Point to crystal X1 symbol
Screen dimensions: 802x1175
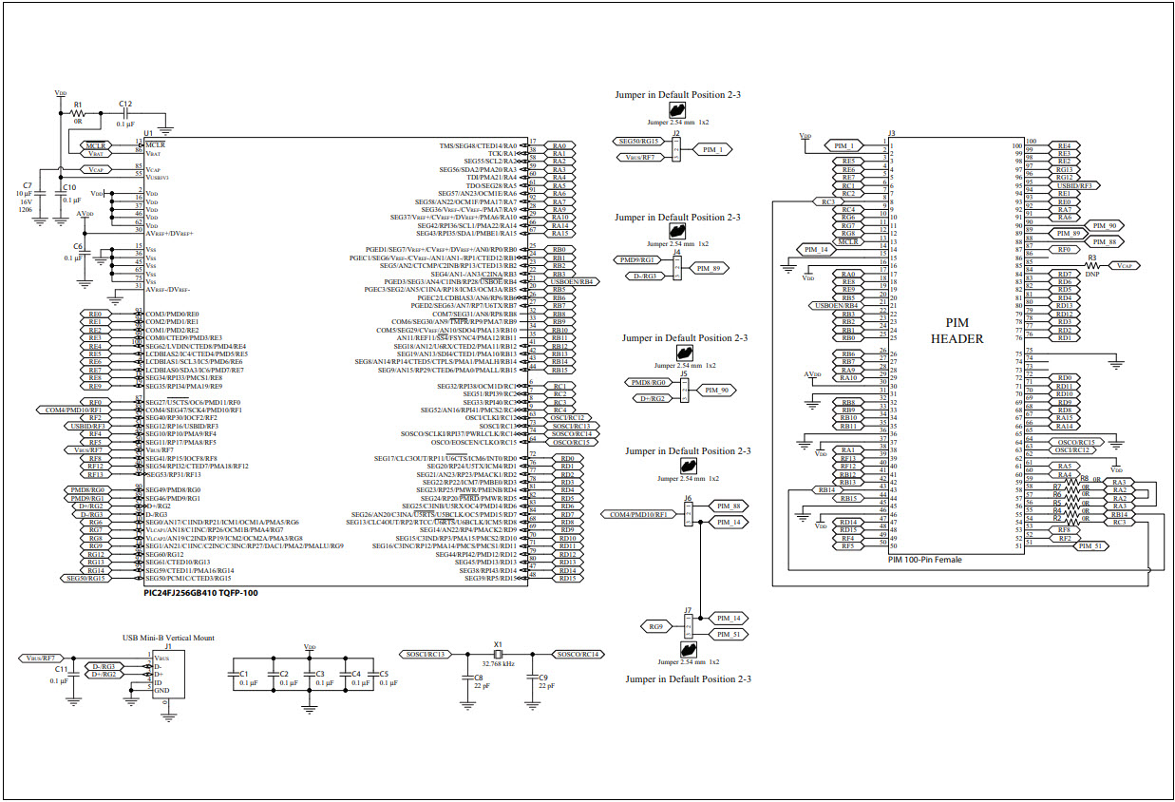pos(498,655)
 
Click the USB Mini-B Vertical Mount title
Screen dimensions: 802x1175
pos(167,638)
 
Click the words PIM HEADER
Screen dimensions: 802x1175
pos(957,332)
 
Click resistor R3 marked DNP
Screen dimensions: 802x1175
pos(1092,266)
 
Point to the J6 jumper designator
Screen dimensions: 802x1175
pos(687,498)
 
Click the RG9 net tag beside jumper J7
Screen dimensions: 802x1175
pos(655,626)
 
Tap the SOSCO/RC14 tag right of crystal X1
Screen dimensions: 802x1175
pos(578,655)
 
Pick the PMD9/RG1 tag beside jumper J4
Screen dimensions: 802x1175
pos(637,259)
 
